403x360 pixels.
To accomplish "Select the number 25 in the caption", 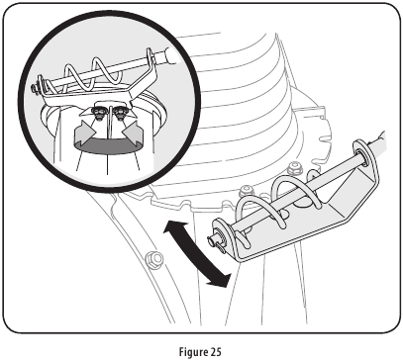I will [x=215, y=348].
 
